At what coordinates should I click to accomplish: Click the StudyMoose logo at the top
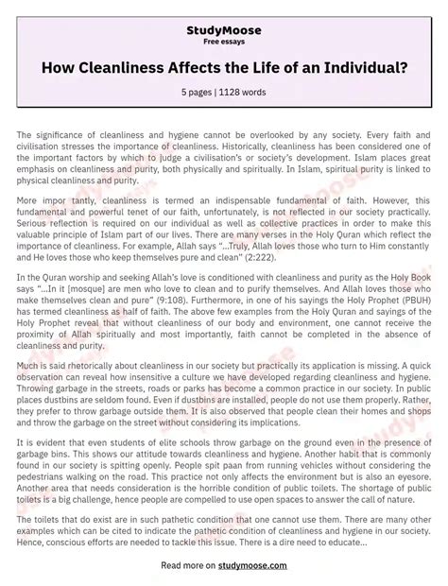224,30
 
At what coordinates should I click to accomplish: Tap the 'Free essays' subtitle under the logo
224,43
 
